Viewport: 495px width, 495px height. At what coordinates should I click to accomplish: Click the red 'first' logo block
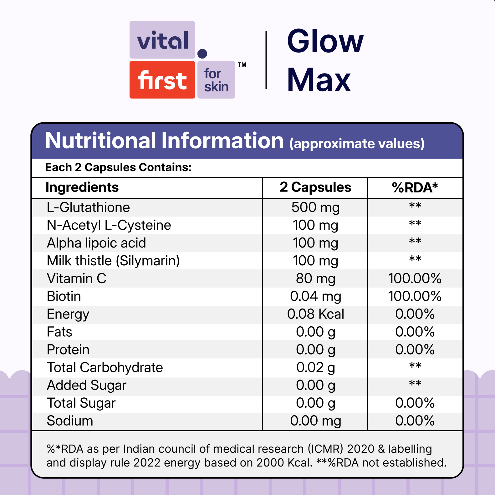click(162, 80)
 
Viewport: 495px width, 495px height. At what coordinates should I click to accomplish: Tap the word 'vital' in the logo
click(162, 40)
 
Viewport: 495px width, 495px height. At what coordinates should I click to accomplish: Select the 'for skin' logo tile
click(216, 80)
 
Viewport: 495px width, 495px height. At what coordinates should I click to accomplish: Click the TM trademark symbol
click(242, 65)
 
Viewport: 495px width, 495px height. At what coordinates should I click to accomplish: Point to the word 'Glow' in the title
click(325, 41)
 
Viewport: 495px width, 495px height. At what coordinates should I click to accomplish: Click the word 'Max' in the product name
click(319, 80)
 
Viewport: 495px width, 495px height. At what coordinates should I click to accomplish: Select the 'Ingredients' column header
click(82, 187)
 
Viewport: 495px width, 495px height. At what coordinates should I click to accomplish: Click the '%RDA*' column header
click(415, 188)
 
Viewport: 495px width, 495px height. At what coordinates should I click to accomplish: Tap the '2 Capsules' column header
click(315, 187)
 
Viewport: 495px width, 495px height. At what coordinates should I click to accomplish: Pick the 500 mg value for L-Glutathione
click(315, 207)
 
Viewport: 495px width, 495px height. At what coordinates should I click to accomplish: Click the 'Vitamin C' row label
click(77, 278)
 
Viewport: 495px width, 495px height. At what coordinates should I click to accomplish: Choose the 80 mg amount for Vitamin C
click(315, 278)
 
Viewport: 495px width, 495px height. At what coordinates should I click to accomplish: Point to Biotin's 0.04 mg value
click(315, 296)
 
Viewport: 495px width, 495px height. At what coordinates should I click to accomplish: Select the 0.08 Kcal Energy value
click(315, 314)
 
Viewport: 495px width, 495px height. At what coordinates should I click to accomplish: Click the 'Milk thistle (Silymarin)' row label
click(113, 261)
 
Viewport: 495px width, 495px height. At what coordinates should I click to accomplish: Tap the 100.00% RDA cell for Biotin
click(415, 296)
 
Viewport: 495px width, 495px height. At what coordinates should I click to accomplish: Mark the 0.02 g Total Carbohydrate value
click(315, 367)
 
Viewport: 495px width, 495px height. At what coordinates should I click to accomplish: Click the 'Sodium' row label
click(70, 421)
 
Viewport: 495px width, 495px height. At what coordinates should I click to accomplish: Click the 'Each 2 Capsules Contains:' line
click(118, 167)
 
